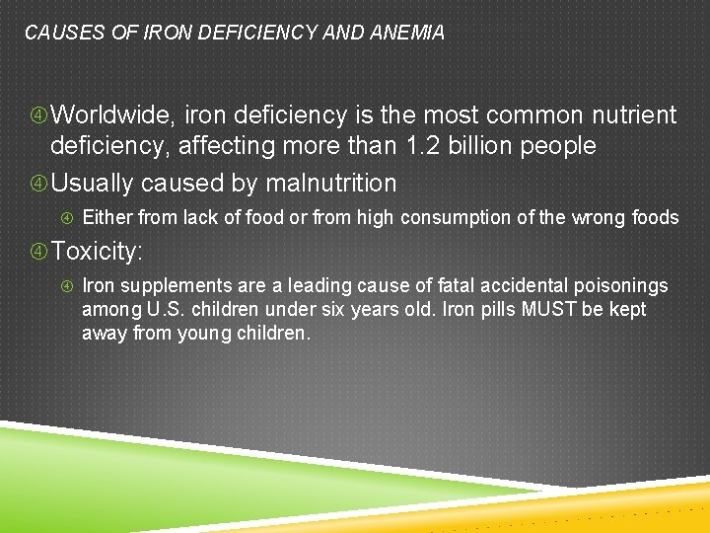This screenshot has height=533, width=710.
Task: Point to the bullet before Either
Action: pos(68,218)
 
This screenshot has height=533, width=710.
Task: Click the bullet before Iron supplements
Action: pos(68,287)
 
